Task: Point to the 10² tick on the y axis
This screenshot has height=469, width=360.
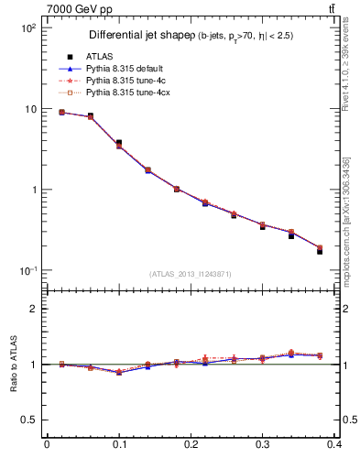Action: (x=27, y=28)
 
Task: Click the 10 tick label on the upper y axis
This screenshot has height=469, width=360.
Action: (x=29, y=109)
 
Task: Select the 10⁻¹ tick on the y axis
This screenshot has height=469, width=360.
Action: (x=27, y=271)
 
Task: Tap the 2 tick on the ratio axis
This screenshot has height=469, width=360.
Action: (x=32, y=309)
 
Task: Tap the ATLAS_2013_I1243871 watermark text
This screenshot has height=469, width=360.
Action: (x=190, y=274)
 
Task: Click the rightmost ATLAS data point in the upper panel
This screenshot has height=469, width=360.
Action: (x=320, y=250)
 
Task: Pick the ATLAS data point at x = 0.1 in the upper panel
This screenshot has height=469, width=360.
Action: (x=119, y=143)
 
